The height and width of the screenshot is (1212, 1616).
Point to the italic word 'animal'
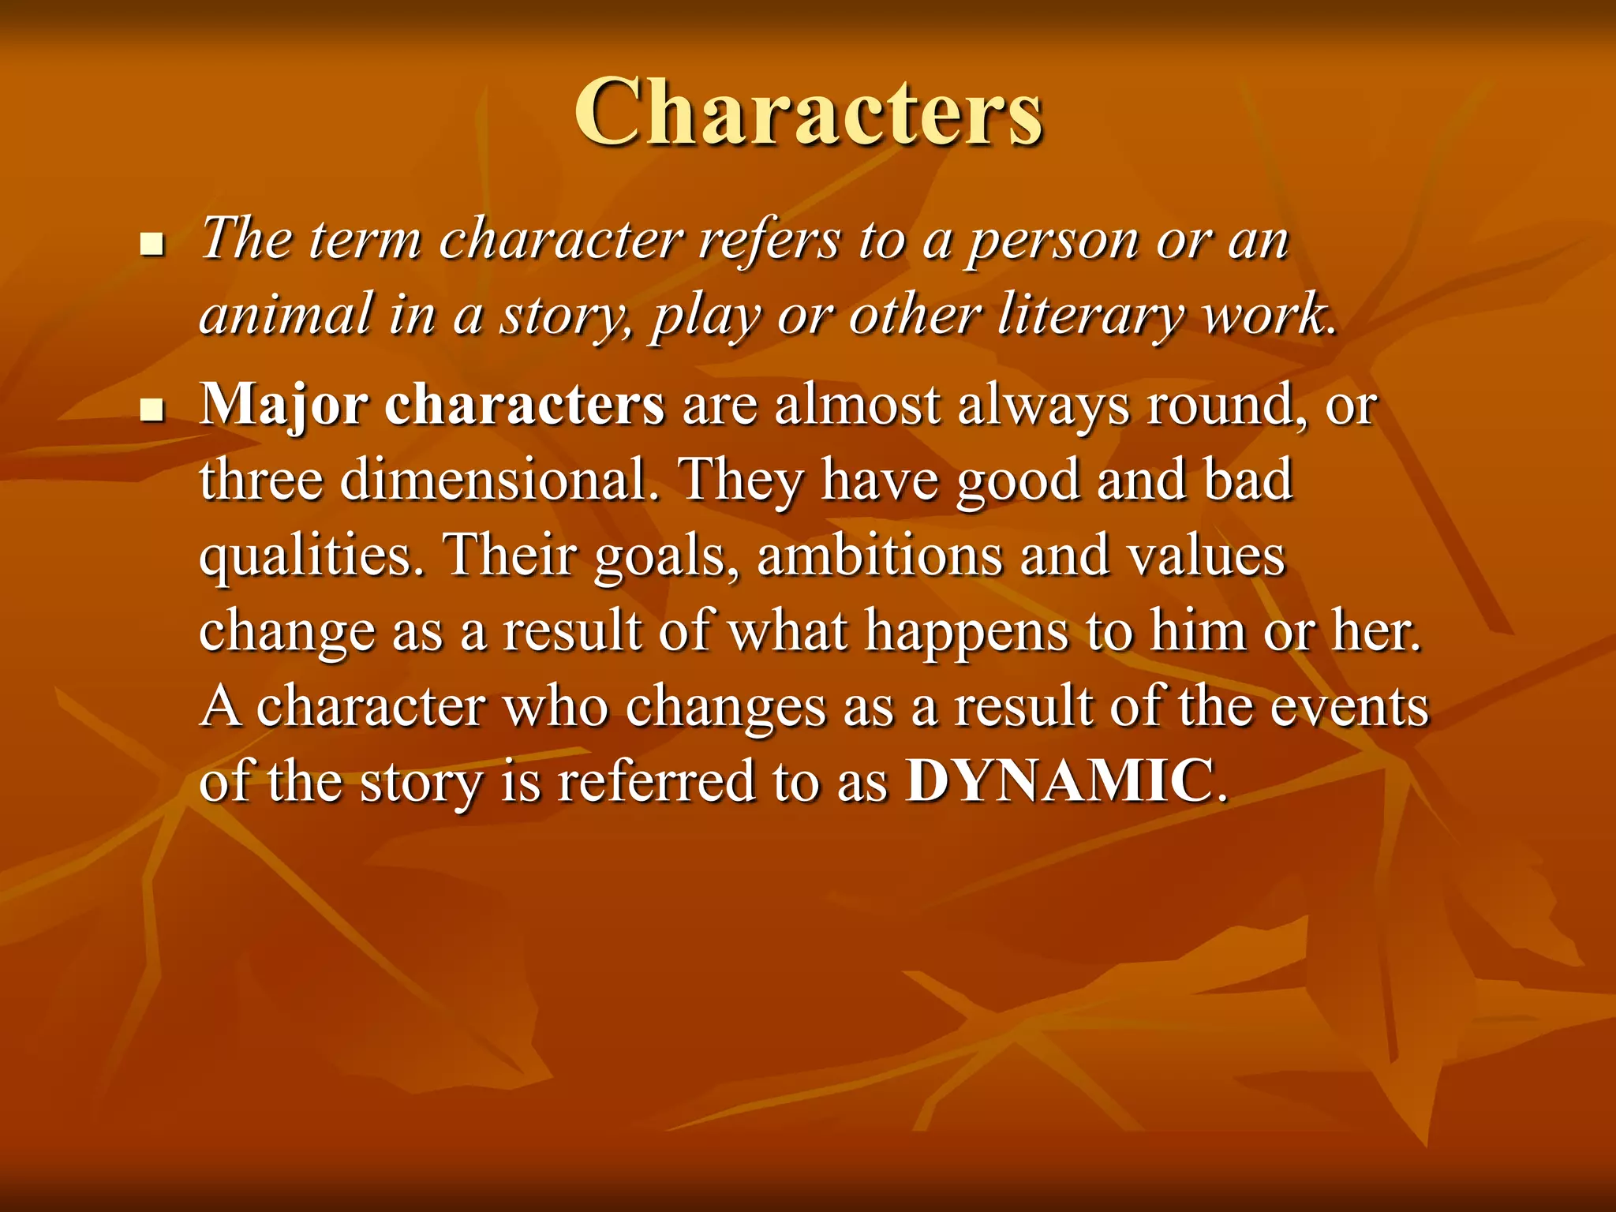(286, 314)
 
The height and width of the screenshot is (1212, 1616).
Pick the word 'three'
(261, 480)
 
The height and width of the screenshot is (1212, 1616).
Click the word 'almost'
(857, 406)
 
